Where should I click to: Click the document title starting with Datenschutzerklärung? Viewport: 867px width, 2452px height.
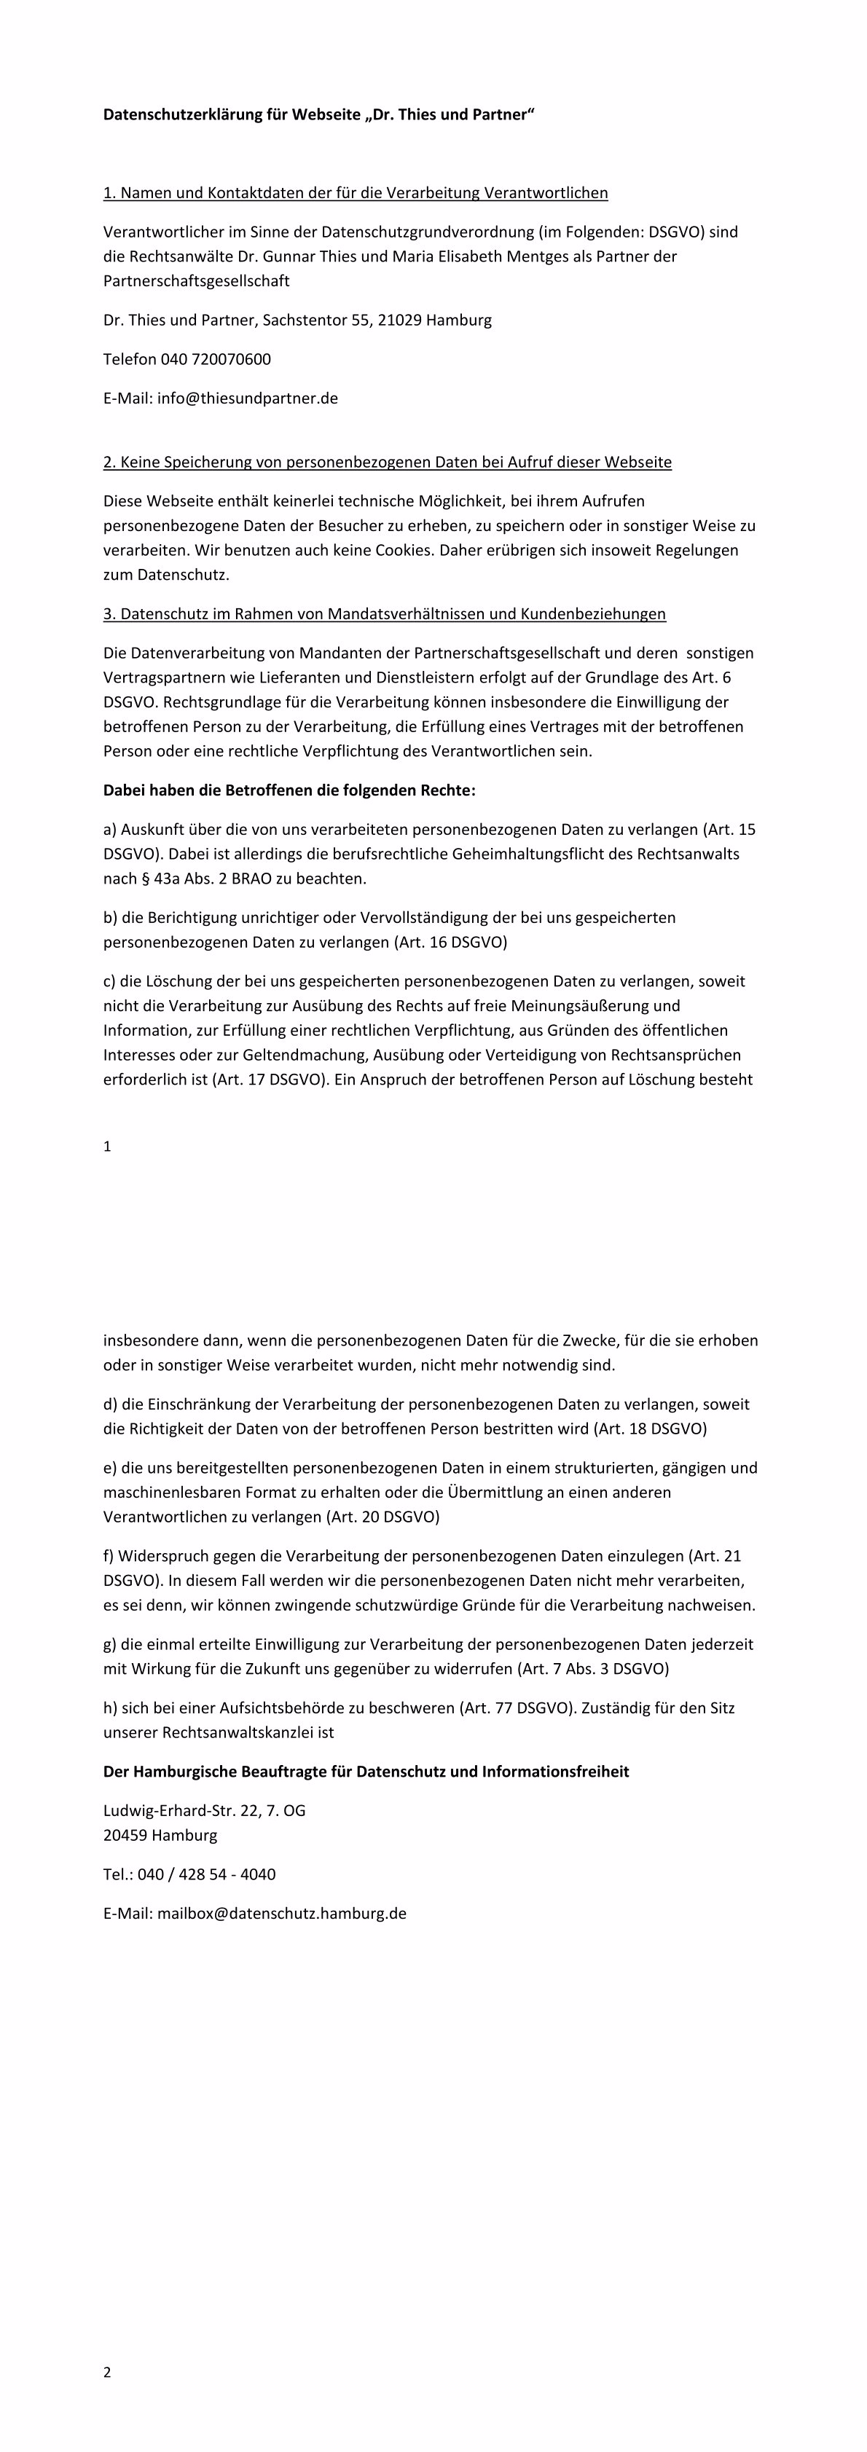tap(319, 115)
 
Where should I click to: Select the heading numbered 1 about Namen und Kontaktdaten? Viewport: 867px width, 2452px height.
tap(355, 193)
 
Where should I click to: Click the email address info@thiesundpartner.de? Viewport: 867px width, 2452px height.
tap(248, 398)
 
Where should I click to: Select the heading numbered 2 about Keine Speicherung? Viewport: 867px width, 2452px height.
tap(388, 463)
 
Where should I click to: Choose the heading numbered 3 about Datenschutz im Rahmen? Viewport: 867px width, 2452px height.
tap(385, 614)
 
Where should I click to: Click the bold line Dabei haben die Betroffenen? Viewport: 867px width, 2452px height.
tap(289, 790)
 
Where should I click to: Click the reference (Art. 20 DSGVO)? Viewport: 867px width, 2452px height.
tap(382, 1517)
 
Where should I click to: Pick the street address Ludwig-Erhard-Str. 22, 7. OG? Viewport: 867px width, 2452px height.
tap(205, 1810)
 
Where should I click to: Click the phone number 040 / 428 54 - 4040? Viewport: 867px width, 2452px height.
tap(206, 1874)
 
